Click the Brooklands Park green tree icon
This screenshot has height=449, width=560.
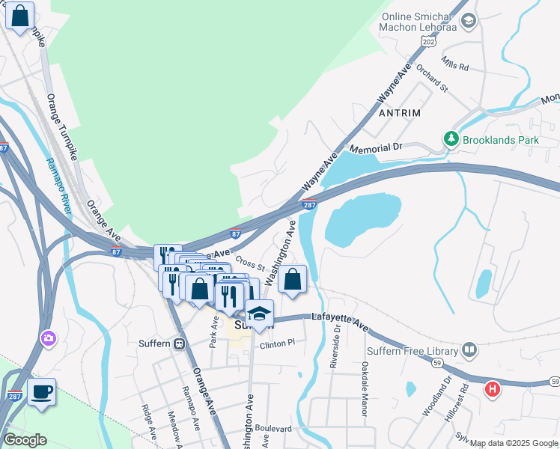point(451,139)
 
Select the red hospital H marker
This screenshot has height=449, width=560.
point(492,389)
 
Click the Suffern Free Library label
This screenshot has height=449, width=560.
point(410,350)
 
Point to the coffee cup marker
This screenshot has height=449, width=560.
point(42,391)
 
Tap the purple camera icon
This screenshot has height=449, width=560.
point(49,338)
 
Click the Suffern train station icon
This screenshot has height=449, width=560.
point(179,344)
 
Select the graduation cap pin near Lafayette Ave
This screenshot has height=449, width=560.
point(259,313)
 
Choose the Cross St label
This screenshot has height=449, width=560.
point(250,263)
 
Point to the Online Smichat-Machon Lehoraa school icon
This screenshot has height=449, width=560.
point(469,20)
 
